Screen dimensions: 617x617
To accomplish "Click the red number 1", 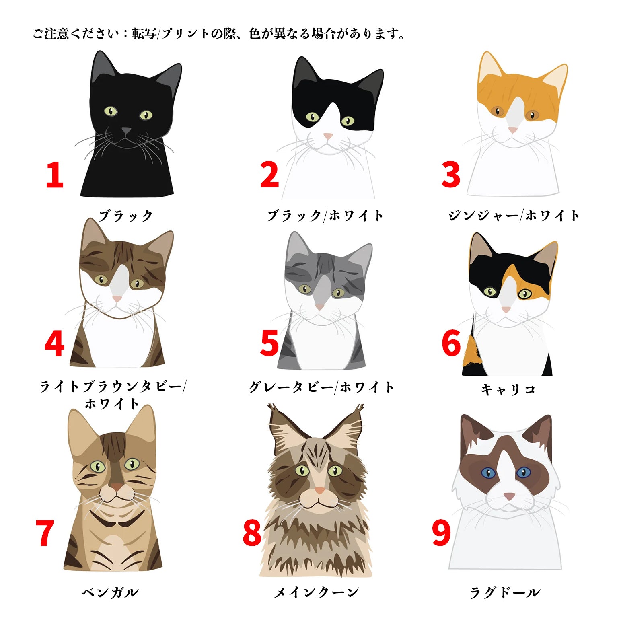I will tap(55, 175).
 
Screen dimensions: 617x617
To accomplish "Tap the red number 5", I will tap(269, 343).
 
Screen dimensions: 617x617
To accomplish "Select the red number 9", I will tap(441, 533).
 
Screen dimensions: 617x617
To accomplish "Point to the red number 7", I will tap(45, 533).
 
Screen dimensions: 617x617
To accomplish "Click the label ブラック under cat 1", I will tap(126, 216).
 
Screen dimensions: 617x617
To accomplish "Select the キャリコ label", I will tap(508, 389).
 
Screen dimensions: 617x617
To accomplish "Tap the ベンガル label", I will tap(110, 592).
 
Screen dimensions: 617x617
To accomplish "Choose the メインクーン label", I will tap(316, 592).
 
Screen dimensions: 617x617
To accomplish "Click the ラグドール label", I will tap(505, 592).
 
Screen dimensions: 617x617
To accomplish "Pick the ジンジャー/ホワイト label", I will tap(514, 216).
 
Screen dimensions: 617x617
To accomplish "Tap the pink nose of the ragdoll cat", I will tap(509, 496).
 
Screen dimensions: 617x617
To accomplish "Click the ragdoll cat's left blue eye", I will tap(488, 473).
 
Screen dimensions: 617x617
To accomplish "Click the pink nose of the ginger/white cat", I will tap(513, 130).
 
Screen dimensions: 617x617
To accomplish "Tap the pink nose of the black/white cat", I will tap(328, 136).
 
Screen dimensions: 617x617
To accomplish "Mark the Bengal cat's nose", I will tap(117, 487).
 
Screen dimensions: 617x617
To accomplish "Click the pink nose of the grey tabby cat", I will tap(320, 307).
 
